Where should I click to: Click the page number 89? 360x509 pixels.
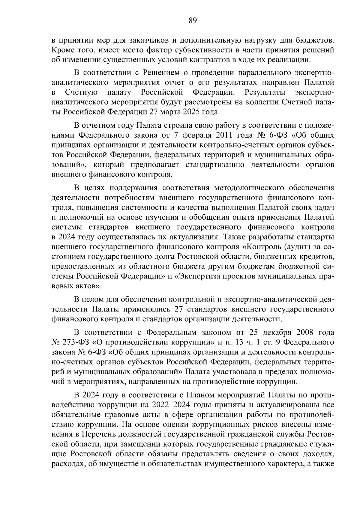click(x=192, y=20)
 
